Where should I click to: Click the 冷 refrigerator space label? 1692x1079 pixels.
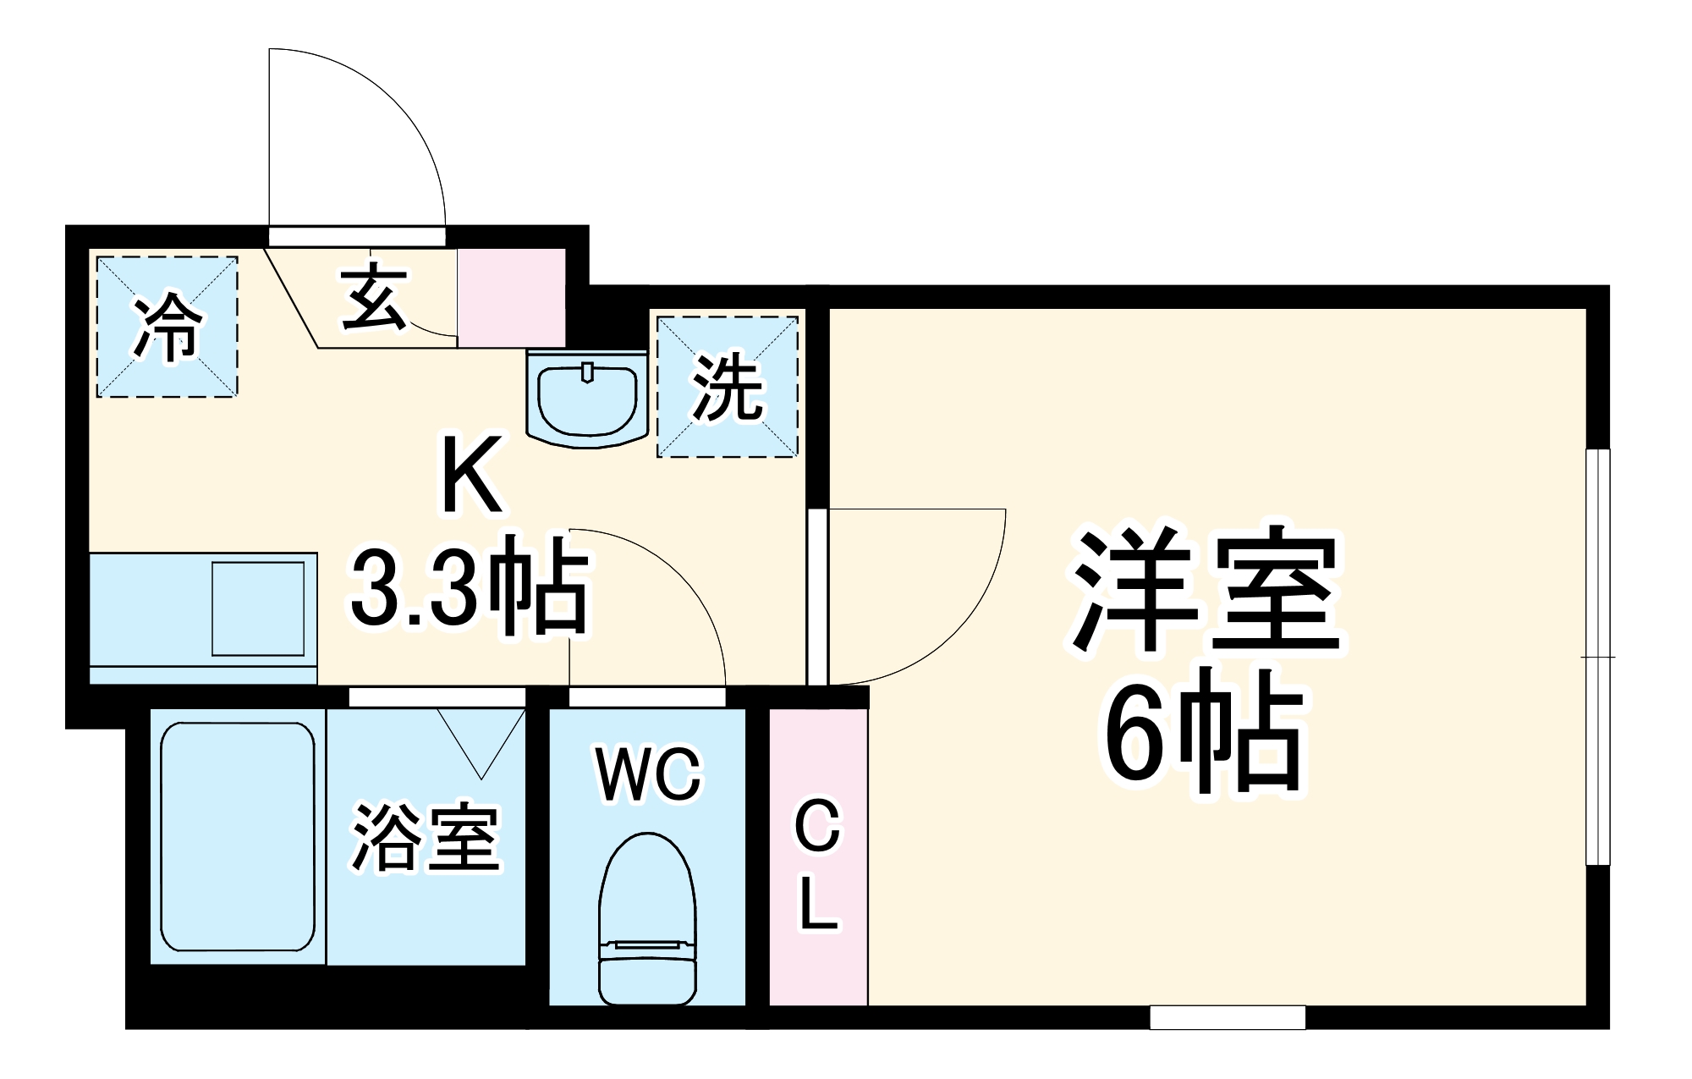click(x=168, y=327)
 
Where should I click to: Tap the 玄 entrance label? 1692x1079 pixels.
click(x=373, y=297)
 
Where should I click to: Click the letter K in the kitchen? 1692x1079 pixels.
click(x=472, y=476)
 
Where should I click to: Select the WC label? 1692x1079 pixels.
click(x=649, y=773)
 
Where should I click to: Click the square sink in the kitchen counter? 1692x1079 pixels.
click(x=258, y=608)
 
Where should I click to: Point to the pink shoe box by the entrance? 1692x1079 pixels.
click(x=511, y=297)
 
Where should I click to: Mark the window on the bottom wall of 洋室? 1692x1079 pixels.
click(x=1228, y=1016)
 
